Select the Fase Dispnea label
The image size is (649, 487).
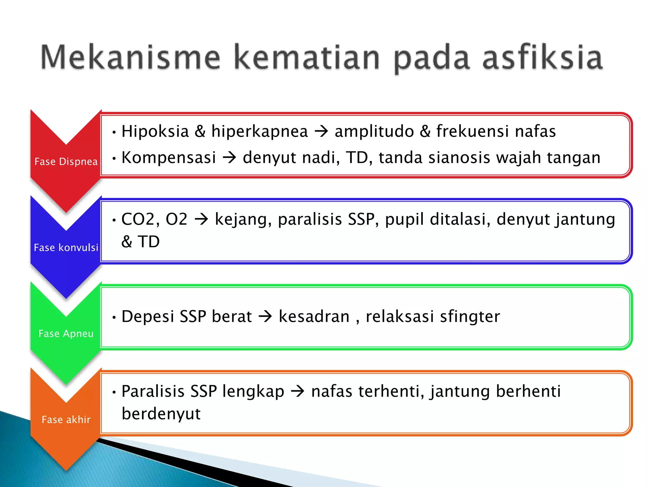click(x=66, y=162)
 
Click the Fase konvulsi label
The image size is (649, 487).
click(x=66, y=248)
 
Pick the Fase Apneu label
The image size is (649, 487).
click(x=66, y=334)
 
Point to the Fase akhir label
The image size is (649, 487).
click(x=66, y=420)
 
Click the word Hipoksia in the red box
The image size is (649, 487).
click(x=155, y=131)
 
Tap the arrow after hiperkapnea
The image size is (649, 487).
click(x=321, y=132)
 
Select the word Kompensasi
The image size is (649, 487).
click(x=169, y=158)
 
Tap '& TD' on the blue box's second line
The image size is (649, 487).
click(x=140, y=242)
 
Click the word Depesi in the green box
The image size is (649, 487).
click(x=148, y=316)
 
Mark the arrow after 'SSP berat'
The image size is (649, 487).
click(x=265, y=316)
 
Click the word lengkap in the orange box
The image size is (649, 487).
click(x=253, y=391)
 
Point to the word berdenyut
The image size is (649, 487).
click(x=161, y=414)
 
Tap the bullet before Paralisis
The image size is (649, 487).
click(x=114, y=392)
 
